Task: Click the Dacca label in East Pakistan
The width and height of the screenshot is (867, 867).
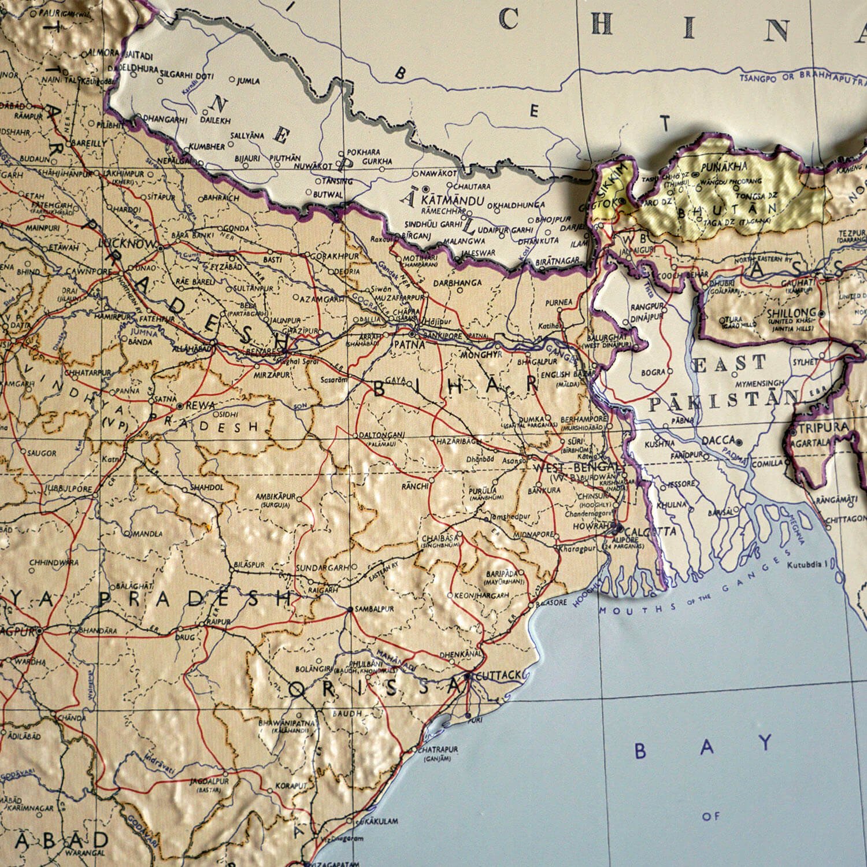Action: [x=718, y=440]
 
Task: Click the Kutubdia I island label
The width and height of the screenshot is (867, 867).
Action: [x=810, y=561]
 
